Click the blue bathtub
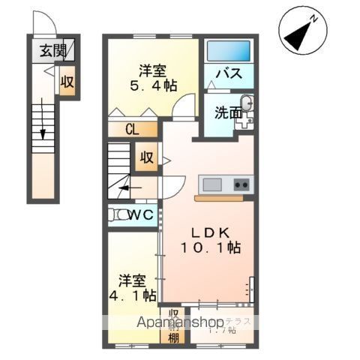tap(228, 50)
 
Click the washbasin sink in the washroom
tap(247, 104)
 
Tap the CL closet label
tap(132, 129)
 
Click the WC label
tap(140, 215)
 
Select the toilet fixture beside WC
tap(118, 215)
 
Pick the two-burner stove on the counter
tap(241, 184)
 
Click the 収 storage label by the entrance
tap(67, 83)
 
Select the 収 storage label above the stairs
tap(145, 157)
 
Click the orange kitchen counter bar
tap(218, 199)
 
